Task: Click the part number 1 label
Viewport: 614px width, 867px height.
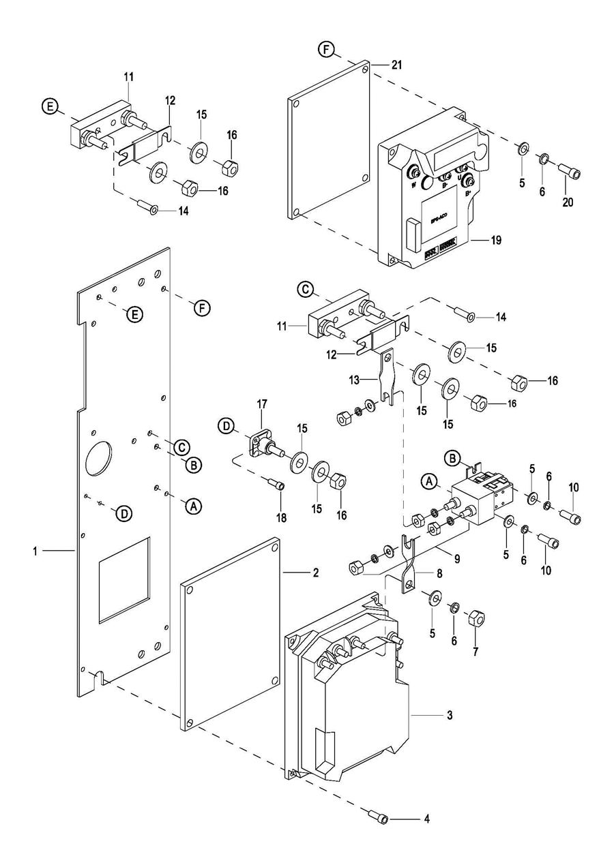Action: tap(35, 550)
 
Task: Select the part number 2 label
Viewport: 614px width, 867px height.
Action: tap(315, 573)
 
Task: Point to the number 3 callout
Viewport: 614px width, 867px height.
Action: tap(450, 715)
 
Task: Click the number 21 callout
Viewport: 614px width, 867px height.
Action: tap(397, 65)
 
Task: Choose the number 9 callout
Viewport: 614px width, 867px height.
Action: tap(456, 559)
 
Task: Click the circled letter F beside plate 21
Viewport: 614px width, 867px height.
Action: tap(327, 50)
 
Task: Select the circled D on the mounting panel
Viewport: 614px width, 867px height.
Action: tap(123, 514)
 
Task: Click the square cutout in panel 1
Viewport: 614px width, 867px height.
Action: tap(123, 579)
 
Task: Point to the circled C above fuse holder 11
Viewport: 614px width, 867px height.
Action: tap(306, 290)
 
